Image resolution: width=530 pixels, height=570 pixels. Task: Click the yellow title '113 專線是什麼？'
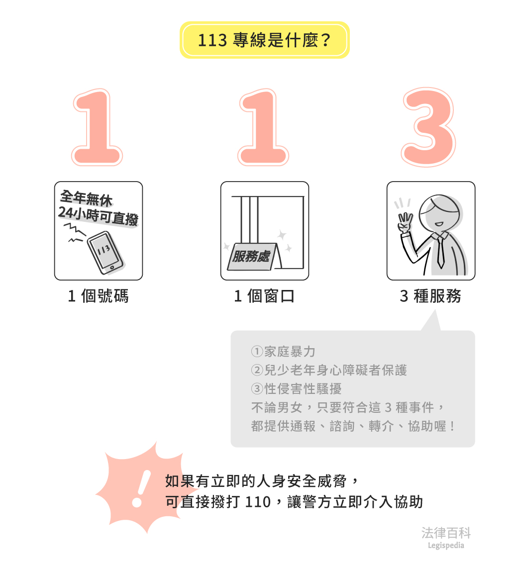[x=264, y=40]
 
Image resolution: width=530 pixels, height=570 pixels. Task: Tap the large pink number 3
[x=428, y=127]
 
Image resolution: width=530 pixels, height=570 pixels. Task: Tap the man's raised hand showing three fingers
[x=405, y=222]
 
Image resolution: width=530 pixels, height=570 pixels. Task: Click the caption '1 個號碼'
[x=98, y=296]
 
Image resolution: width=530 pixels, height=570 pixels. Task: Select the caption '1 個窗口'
[x=264, y=296]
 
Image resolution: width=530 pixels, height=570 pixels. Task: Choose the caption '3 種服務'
[x=430, y=296]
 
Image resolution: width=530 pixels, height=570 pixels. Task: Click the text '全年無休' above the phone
[x=87, y=198]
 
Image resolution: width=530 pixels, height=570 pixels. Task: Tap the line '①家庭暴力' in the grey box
[x=283, y=352]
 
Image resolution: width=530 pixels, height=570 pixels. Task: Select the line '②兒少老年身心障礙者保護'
[x=329, y=370]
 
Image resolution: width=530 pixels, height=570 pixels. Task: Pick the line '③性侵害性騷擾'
[x=296, y=388]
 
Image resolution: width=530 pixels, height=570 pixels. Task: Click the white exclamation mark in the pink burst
[x=141, y=488]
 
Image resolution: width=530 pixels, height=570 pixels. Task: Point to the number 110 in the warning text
[x=258, y=502]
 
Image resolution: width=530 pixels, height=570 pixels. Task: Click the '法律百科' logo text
[x=446, y=533]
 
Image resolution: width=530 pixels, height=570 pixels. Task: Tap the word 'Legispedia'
[x=446, y=545]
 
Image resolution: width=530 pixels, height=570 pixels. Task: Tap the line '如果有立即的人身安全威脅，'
[x=262, y=481]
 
